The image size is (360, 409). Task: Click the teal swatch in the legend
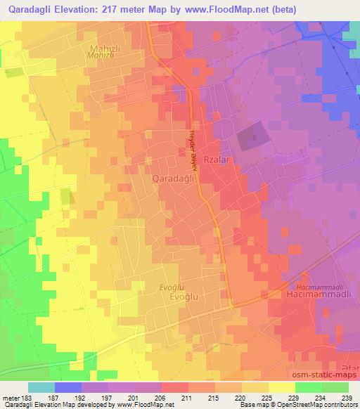pyautogui.click(x=41, y=387)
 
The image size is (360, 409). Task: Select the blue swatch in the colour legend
pyautogui.click(x=68, y=387)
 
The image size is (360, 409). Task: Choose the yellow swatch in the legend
pyautogui.click(x=281, y=387)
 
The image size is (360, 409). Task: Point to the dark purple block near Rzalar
pyautogui.click(x=253, y=135)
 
